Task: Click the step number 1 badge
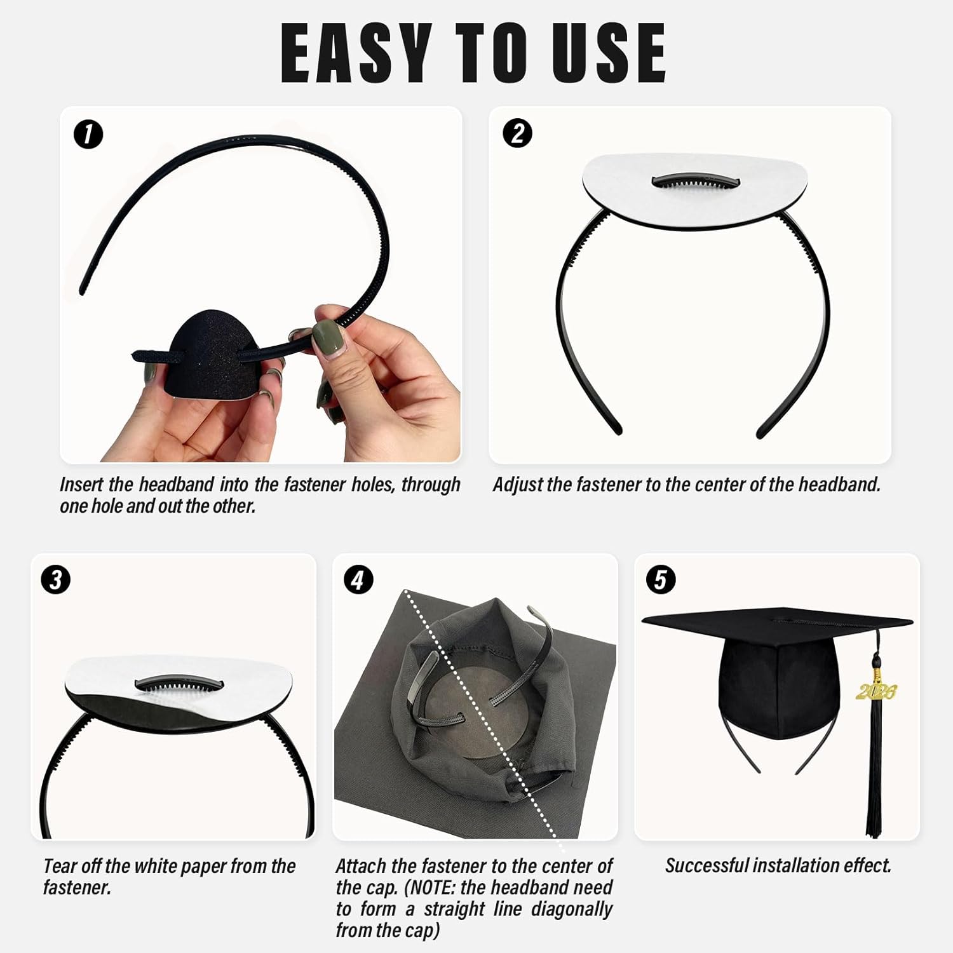tap(88, 135)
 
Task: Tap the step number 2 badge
tap(517, 134)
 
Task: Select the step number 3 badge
tap(56, 580)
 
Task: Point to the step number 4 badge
tap(358, 580)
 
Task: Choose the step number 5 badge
tap(660, 580)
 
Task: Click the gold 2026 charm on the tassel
tap(877, 691)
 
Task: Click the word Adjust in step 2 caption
tap(517, 485)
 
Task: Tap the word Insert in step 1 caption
tap(81, 485)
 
